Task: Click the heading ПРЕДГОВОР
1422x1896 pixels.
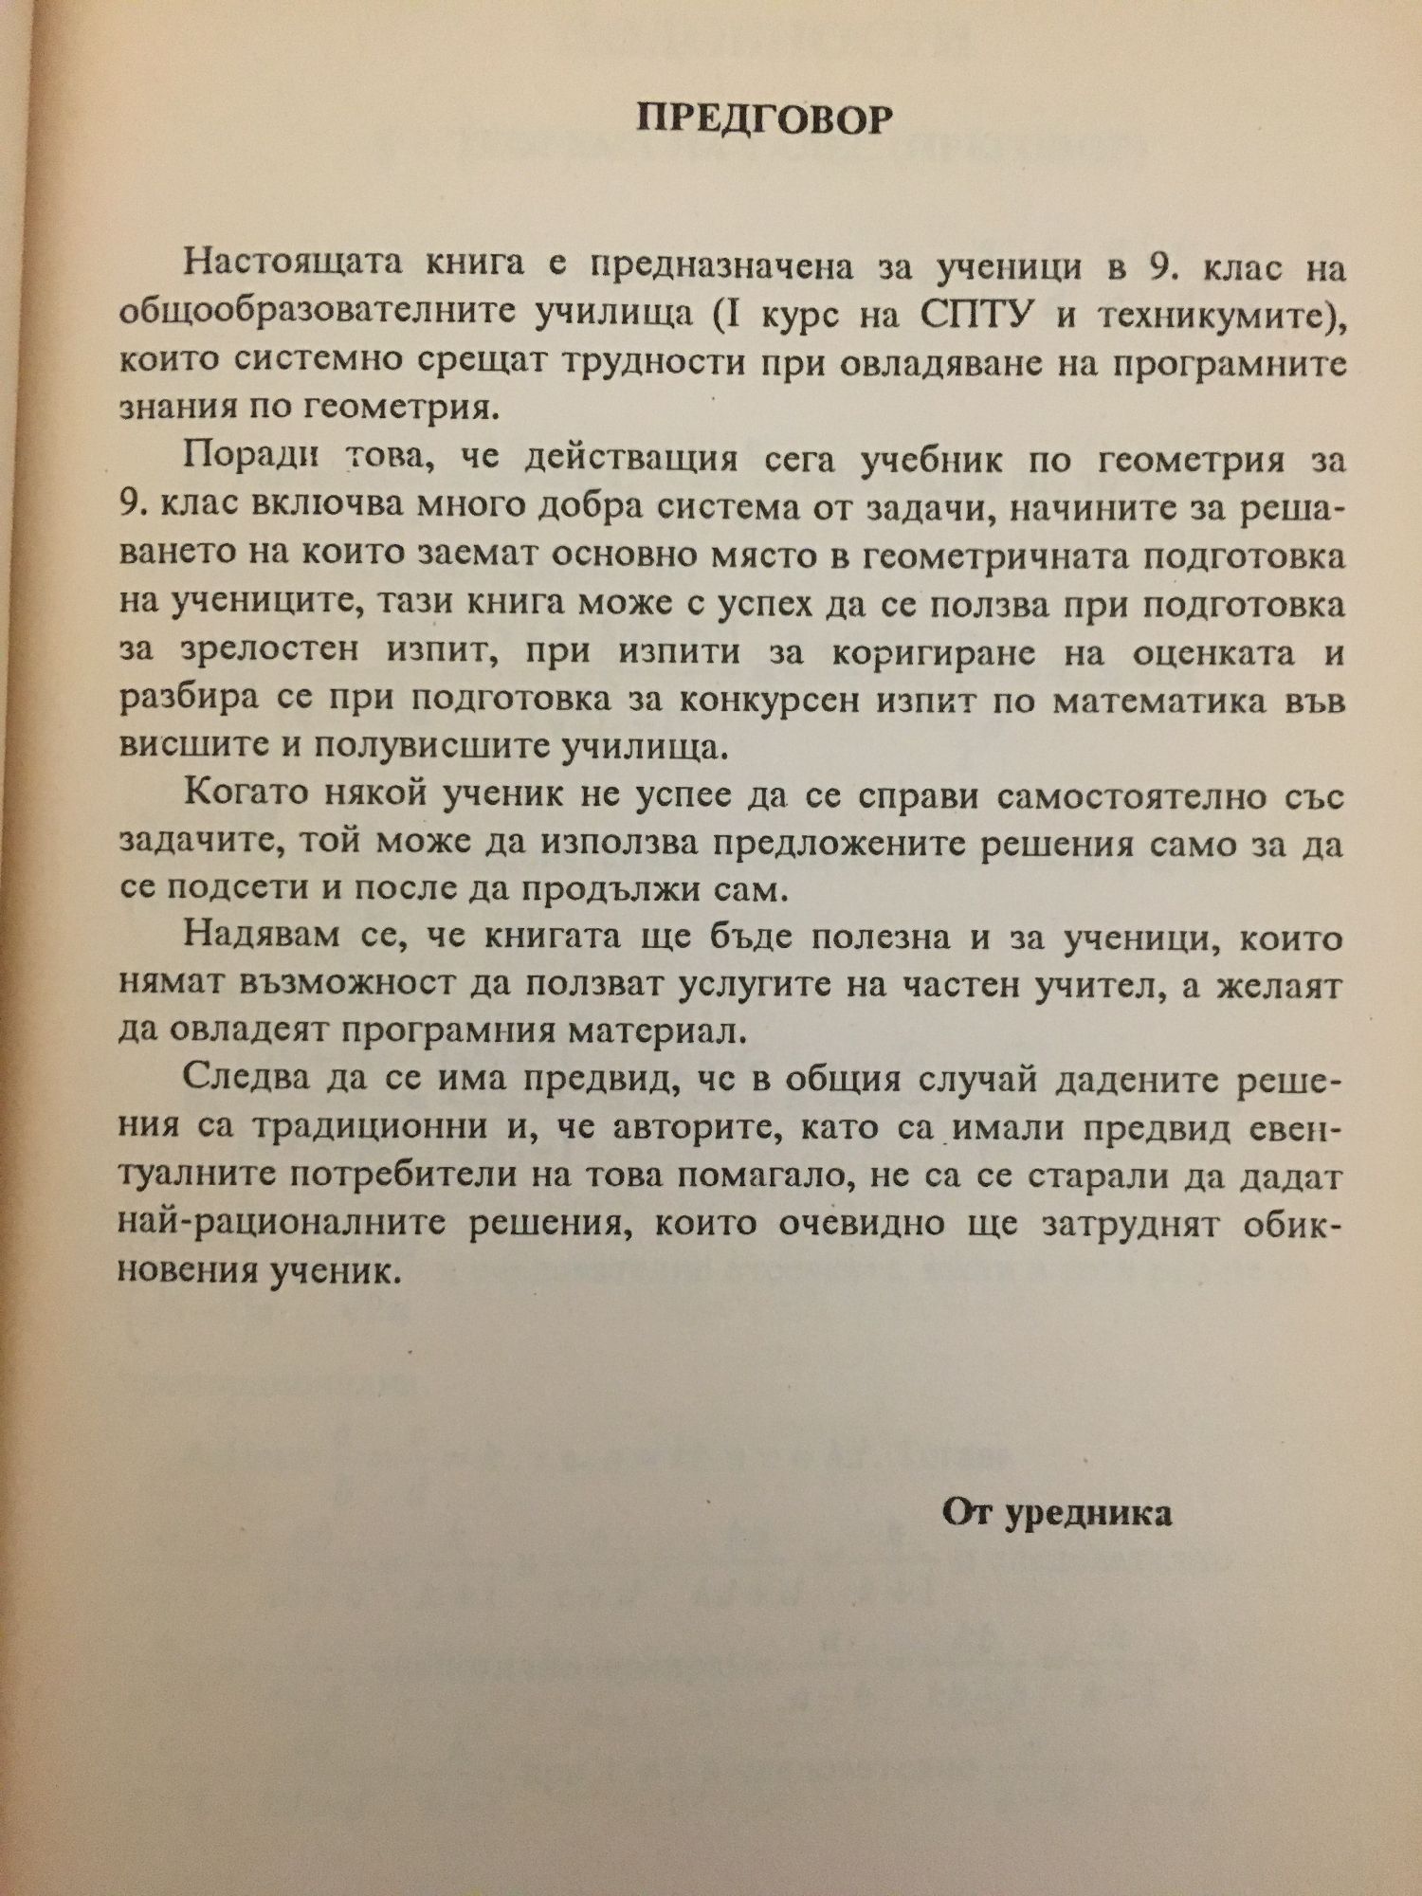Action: click(764, 120)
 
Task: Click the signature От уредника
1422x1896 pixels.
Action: click(1057, 1513)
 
